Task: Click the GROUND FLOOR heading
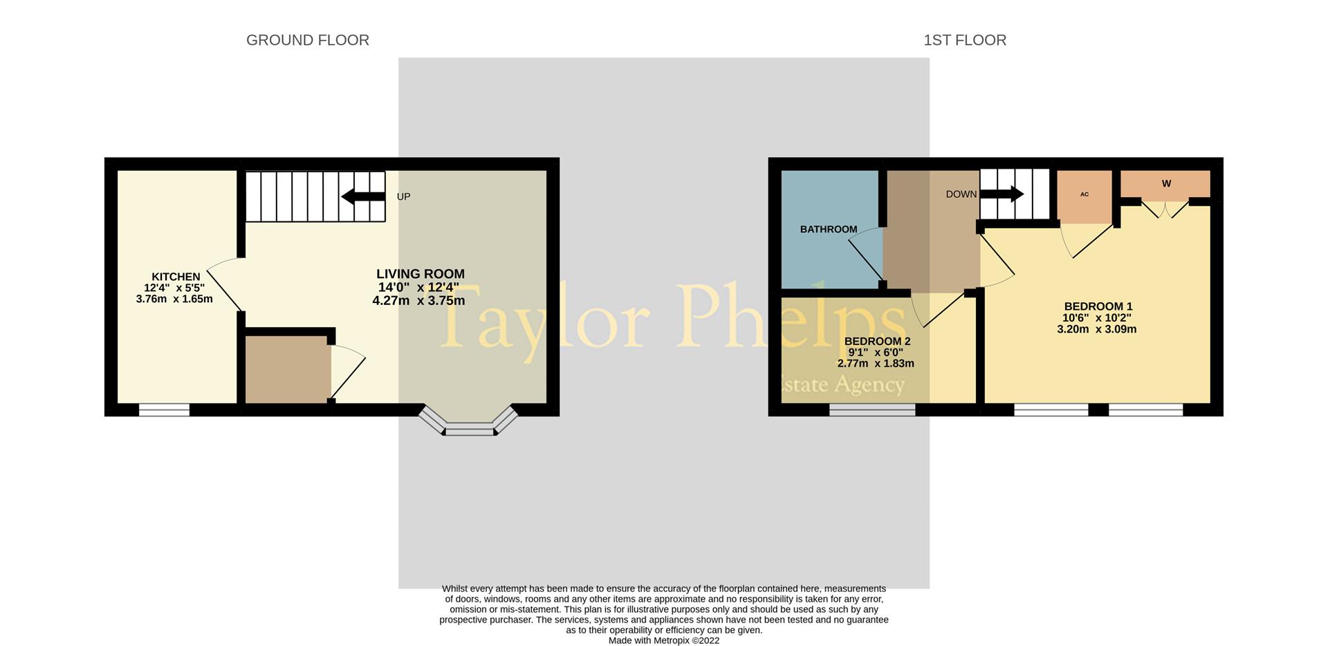[x=308, y=40]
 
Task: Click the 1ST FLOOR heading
[x=965, y=40]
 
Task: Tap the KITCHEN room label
[x=176, y=277]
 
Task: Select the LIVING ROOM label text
[x=421, y=274]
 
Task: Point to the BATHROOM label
[x=829, y=229]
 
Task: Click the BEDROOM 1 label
[x=1098, y=306]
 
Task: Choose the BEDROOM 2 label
[x=878, y=341]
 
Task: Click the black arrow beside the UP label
[x=363, y=196]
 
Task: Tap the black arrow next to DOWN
[x=1002, y=194]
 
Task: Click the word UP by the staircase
[x=403, y=196]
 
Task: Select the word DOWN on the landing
[x=961, y=194]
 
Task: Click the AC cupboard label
[x=1085, y=194]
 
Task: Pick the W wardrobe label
[x=1166, y=184]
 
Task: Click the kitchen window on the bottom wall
[x=164, y=409]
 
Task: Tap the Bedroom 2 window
[x=872, y=409]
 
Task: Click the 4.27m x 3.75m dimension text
[x=418, y=301]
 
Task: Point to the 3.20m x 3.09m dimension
[x=1097, y=329]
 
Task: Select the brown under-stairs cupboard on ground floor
[x=286, y=369]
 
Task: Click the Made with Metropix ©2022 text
[x=664, y=640]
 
